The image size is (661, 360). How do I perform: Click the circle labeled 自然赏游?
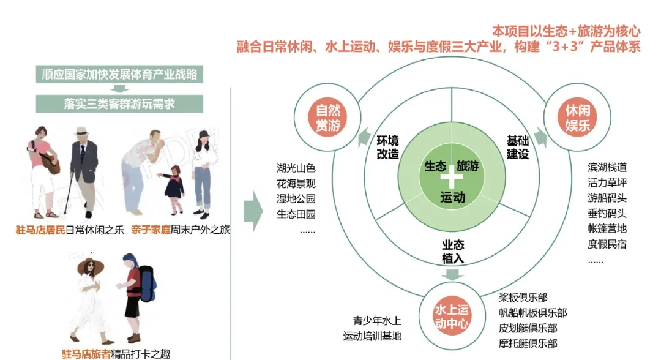[328, 118]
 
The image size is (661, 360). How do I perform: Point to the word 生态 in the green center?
[435, 167]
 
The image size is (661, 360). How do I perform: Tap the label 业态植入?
[453, 251]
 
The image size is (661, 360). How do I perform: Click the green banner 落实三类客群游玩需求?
[119, 103]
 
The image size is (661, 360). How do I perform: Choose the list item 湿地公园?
[296, 198]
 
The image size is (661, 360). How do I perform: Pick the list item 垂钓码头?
[607, 214]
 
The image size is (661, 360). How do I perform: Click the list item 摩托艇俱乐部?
[528, 343]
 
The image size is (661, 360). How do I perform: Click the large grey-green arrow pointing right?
[253, 211]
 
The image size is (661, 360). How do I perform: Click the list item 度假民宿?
[607, 244]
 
